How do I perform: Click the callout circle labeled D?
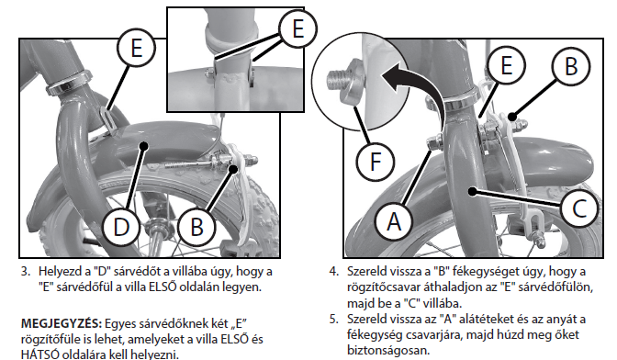[121, 227]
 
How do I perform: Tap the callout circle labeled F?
[376, 162]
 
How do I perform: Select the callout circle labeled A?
[394, 221]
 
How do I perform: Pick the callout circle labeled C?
[579, 208]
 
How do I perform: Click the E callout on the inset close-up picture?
[297, 28]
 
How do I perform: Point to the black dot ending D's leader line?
[143, 146]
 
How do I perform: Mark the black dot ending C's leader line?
[472, 192]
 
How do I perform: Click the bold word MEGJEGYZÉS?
[62, 324]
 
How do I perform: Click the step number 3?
[25, 272]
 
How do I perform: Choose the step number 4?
[333, 272]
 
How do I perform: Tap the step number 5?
[333, 319]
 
